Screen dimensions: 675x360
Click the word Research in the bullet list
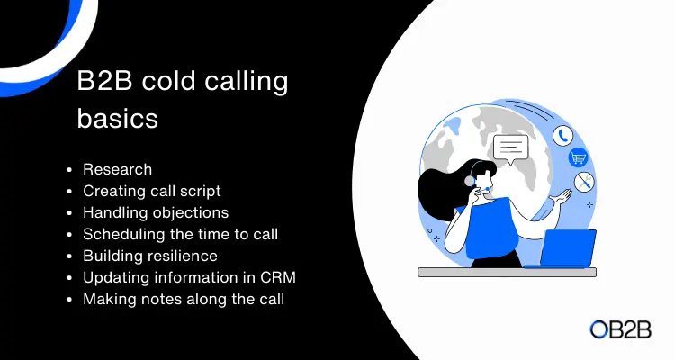[118, 170]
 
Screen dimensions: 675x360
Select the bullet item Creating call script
[152, 191]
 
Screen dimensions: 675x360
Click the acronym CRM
[278, 277]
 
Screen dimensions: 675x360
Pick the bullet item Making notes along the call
[184, 299]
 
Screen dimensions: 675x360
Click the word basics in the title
[118, 118]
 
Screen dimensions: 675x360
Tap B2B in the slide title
[104, 80]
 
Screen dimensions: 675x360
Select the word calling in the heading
[247, 81]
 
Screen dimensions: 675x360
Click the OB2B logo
[620, 329]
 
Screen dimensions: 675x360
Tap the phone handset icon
[563, 136]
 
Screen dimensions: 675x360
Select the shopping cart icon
[578, 157]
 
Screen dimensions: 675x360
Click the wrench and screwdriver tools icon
[584, 182]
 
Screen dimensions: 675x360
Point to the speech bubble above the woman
[511, 149]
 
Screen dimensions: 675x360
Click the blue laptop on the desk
[563, 249]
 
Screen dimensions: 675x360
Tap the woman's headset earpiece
[469, 181]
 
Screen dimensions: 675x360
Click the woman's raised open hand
[561, 198]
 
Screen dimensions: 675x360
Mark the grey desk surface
[507, 272]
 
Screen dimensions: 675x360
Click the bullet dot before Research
[69, 170]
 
